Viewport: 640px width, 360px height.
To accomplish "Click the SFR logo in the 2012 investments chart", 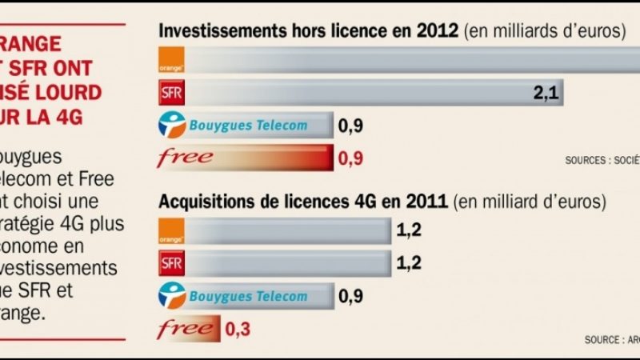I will pos(172,93).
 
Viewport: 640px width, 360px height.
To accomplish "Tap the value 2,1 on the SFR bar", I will pos(544,94).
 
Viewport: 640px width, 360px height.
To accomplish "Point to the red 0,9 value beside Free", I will pos(351,158).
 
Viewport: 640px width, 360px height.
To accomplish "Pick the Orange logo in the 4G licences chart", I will pos(172,231).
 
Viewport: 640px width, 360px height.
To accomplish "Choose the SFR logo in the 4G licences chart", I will pos(172,263).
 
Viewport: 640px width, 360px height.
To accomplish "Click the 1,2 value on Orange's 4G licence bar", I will pos(409,232).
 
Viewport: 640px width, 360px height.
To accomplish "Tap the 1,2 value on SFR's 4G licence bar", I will pos(409,263).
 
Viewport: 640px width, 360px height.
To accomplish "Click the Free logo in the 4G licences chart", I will pos(185,328).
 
